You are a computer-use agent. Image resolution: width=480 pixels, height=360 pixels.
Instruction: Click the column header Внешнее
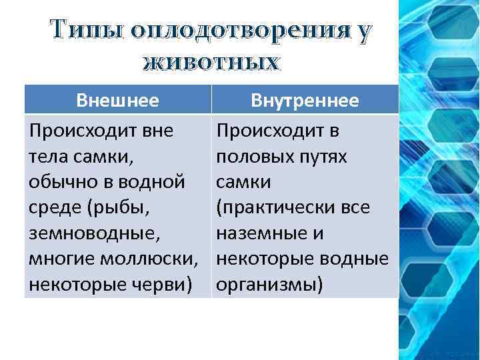118,101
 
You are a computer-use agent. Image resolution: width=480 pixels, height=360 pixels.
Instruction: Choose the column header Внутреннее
305,101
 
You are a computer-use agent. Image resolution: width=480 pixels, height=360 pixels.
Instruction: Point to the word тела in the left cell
47,156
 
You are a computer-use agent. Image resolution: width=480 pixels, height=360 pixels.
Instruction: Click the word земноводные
90,233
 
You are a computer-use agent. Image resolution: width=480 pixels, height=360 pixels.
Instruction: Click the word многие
63,259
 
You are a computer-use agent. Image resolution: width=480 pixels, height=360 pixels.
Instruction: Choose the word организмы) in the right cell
269,285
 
